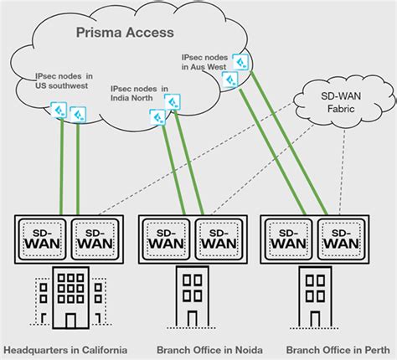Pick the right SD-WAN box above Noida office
coord(219,239)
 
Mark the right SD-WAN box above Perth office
coord(344,239)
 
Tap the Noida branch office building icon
coord(193,300)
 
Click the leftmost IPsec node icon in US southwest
coord(59,110)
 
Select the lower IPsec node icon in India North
coord(157,116)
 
